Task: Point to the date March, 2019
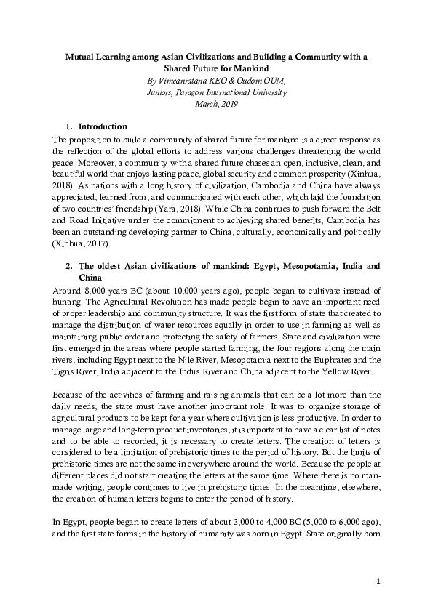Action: point(217,104)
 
